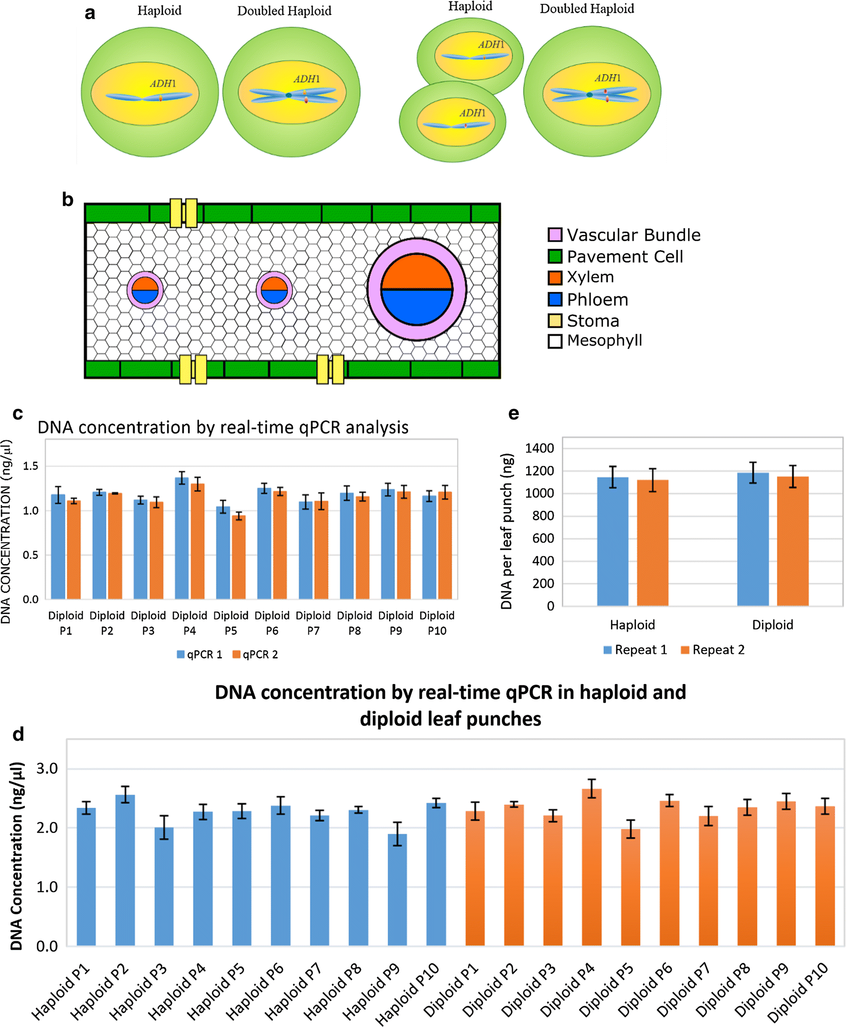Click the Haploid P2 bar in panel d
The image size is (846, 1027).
125,870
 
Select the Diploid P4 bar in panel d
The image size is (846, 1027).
592,867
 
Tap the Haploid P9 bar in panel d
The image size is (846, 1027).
397,889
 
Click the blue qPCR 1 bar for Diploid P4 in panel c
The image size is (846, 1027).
182,538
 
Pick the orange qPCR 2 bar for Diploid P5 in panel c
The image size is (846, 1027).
239,557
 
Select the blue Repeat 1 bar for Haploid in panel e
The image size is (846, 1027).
613,541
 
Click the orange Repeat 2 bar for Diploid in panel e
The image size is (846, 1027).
793,541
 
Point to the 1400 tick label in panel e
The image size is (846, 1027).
539,448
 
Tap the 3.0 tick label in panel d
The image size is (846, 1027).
47,769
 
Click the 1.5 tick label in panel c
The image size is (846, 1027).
30,466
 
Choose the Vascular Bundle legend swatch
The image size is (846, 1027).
555,235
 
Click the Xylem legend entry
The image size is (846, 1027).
581,277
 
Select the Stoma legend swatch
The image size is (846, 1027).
555,321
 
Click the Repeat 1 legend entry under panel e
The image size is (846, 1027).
635,650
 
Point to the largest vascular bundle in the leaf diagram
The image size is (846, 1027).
417,289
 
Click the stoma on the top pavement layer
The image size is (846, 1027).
183,213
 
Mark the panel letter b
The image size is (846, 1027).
68,200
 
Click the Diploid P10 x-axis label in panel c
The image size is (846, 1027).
437,623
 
